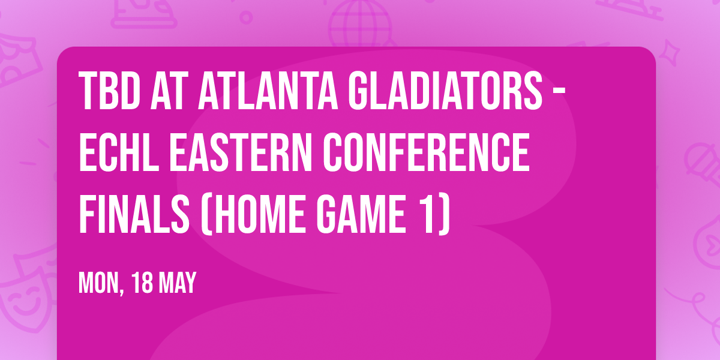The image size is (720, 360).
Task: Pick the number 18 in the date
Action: (x=145, y=283)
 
